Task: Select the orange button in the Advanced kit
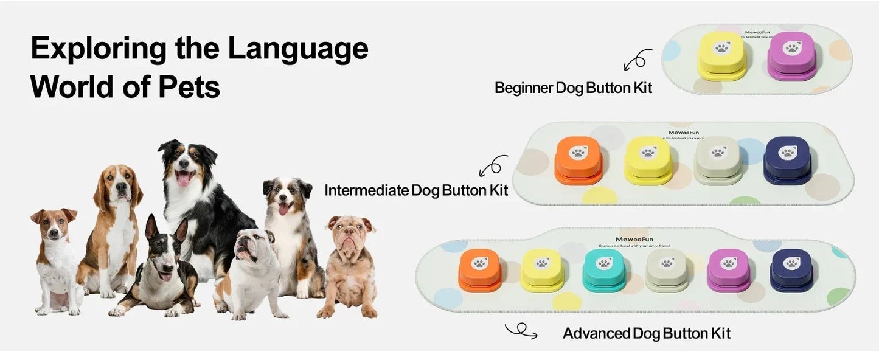(480, 268)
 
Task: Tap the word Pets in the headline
(190, 87)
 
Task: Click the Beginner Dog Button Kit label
(573, 88)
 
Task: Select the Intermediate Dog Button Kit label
(416, 190)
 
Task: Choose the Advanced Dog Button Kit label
(647, 333)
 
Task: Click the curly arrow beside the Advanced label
(521, 331)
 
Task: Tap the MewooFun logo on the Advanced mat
(634, 239)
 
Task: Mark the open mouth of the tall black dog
(183, 178)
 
